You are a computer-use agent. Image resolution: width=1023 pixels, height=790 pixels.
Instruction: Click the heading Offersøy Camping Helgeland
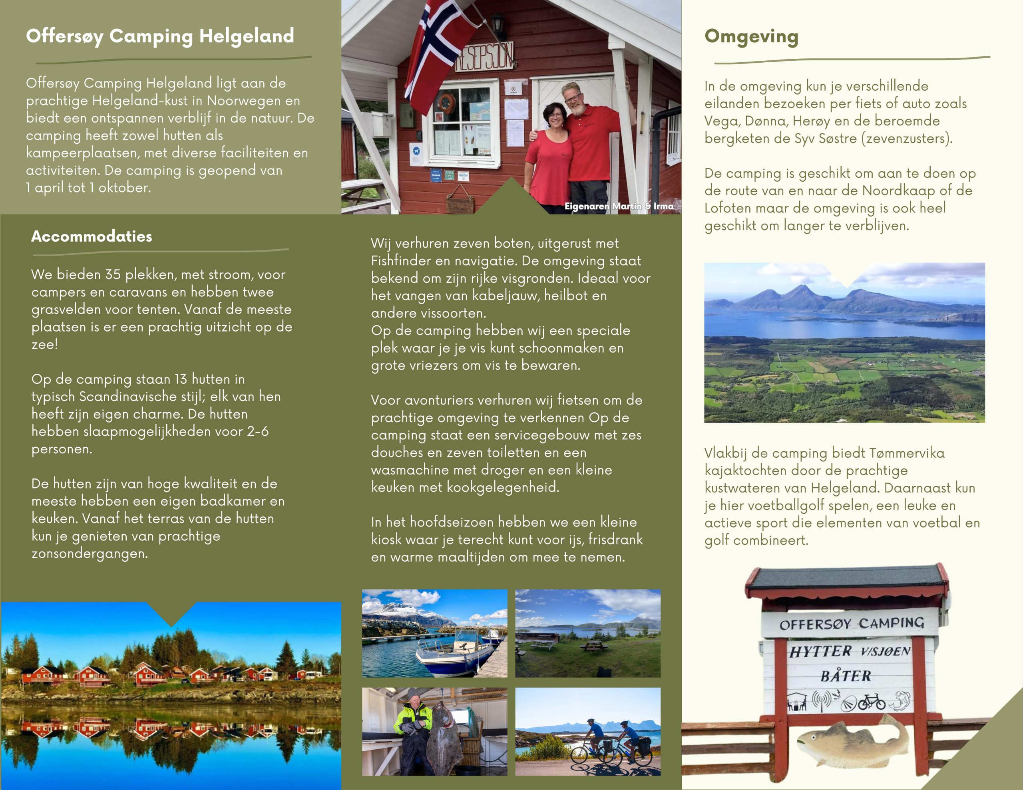tap(160, 36)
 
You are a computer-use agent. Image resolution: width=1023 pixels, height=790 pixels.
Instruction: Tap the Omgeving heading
tap(751, 36)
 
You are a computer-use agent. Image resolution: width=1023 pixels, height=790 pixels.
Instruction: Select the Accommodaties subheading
tap(92, 236)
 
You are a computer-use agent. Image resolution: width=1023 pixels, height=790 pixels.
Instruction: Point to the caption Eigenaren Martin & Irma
tap(619, 206)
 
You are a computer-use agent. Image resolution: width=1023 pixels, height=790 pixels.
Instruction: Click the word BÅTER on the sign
tap(846, 676)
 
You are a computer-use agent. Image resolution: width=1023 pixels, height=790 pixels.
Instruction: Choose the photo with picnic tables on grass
tap(588, 633)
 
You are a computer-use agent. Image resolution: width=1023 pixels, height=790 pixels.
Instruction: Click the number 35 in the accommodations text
tap(113, 274)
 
